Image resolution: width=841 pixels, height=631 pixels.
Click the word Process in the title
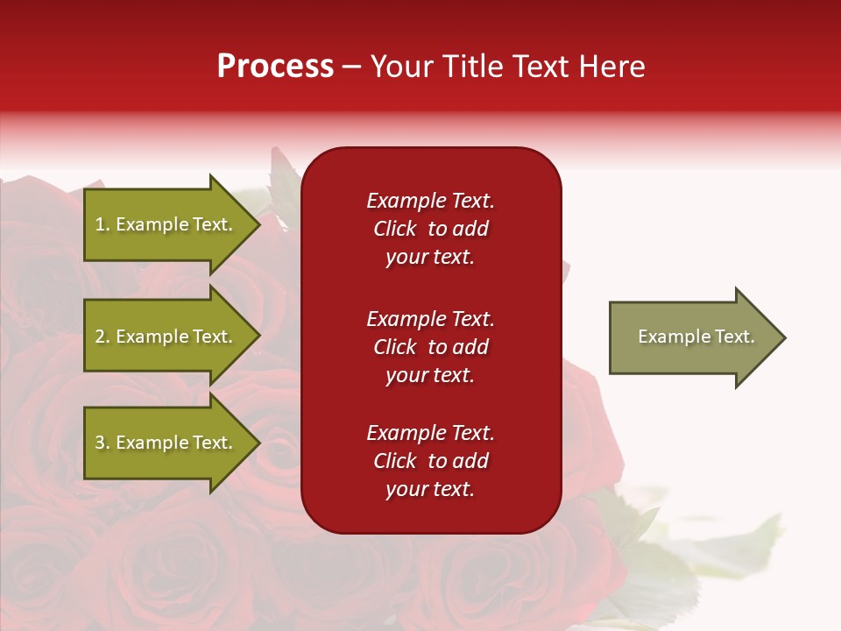coord(275,67)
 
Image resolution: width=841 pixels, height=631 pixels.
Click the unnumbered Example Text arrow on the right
coord(696,337)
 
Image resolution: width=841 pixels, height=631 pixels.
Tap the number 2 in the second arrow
coord(100,337)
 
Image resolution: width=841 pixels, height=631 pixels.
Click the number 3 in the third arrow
coord(100,443)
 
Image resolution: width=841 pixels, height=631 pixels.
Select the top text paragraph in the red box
coord(430,229)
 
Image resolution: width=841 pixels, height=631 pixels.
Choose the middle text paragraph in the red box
coord(430,347)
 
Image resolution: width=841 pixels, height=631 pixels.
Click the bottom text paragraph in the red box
coord(430,461)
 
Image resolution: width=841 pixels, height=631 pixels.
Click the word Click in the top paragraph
coord(395,230)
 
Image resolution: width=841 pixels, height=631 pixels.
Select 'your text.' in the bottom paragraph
coord(430,489)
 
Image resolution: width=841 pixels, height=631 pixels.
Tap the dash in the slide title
coord(352,67)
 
